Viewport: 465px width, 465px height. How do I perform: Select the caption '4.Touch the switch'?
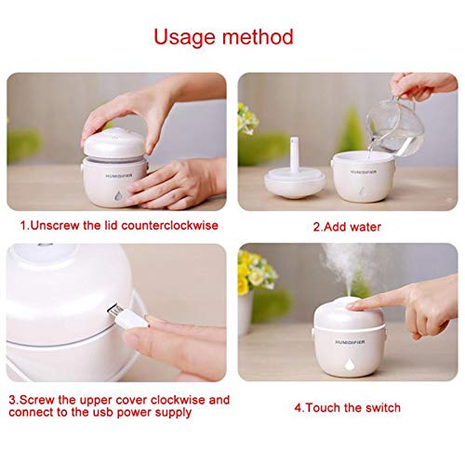click(348, 405)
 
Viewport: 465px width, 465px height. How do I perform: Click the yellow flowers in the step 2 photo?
click(246, 116)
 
